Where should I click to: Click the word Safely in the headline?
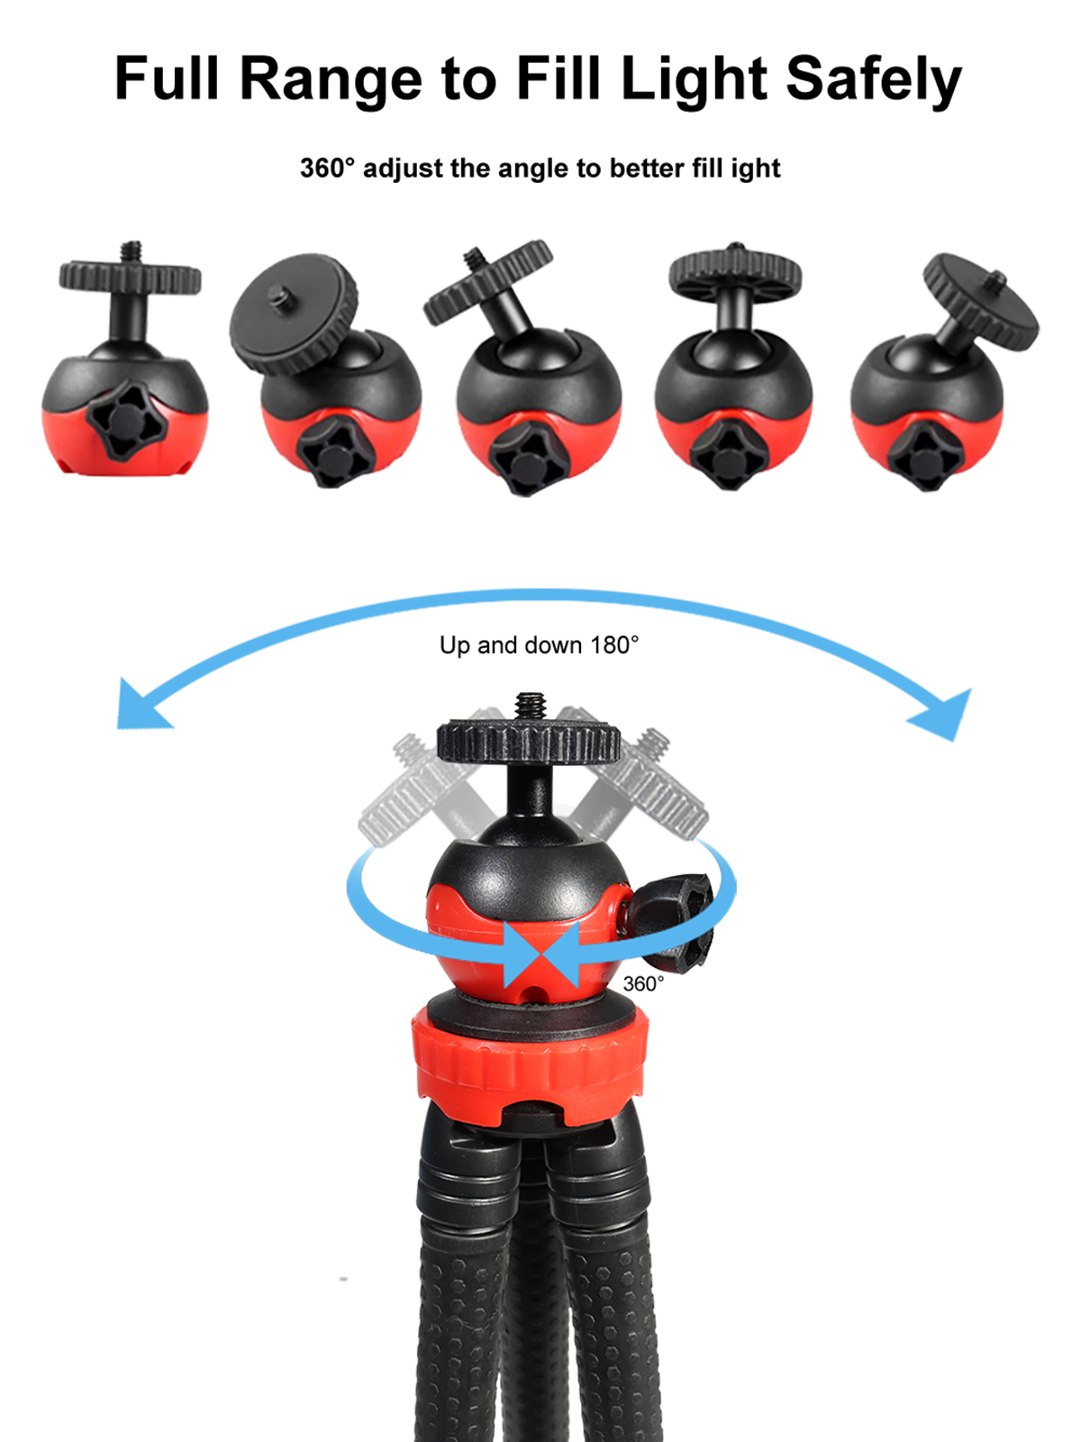coord(873,80)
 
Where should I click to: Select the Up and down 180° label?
coord(539,645)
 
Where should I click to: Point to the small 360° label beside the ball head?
coord(642,983)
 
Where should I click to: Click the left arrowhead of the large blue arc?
coord(139,707)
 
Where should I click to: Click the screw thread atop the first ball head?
coord(132,251)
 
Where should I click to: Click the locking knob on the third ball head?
coord(529,460)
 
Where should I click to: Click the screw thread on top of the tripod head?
coord(531,707)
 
